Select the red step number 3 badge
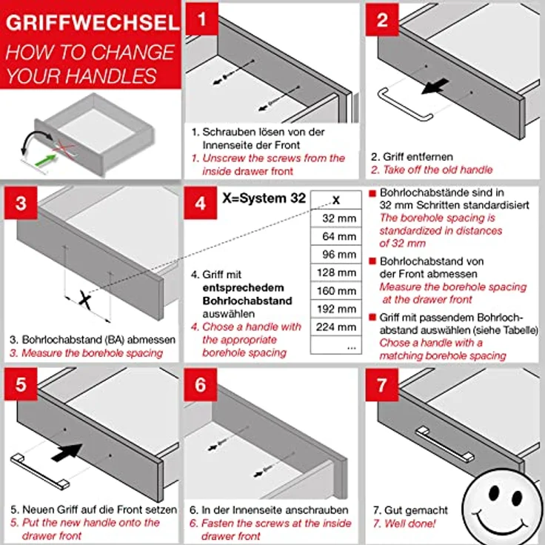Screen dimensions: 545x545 [x=21, y=203]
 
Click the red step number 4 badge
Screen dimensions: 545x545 [x=202, y=203]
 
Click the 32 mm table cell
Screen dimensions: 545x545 [x=335, y=218]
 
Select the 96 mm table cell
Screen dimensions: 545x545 [x=335, y=255]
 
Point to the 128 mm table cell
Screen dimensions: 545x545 [x=335, y=272]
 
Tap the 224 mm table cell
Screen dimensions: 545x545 [x=335, y=327]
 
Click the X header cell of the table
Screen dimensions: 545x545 [x=335, y=200]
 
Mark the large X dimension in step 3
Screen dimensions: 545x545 [x=86, y=300]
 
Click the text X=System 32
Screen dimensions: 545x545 [x=264, y=198]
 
